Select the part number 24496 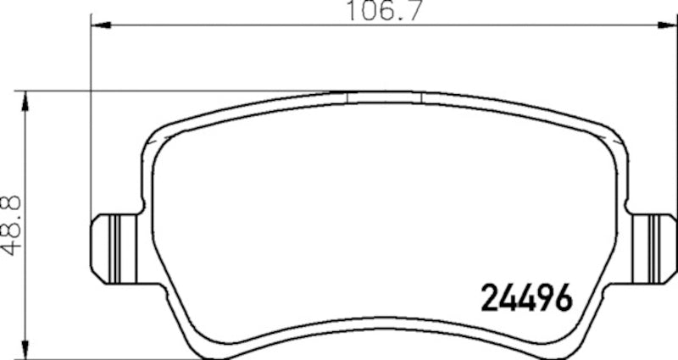point(527,296)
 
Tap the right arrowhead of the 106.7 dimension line point(670,26)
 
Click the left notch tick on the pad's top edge point(348,97)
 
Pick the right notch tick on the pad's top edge point(421,97)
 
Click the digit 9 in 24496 point(546,296)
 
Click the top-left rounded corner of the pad point(158,134)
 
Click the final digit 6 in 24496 point(564,296)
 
